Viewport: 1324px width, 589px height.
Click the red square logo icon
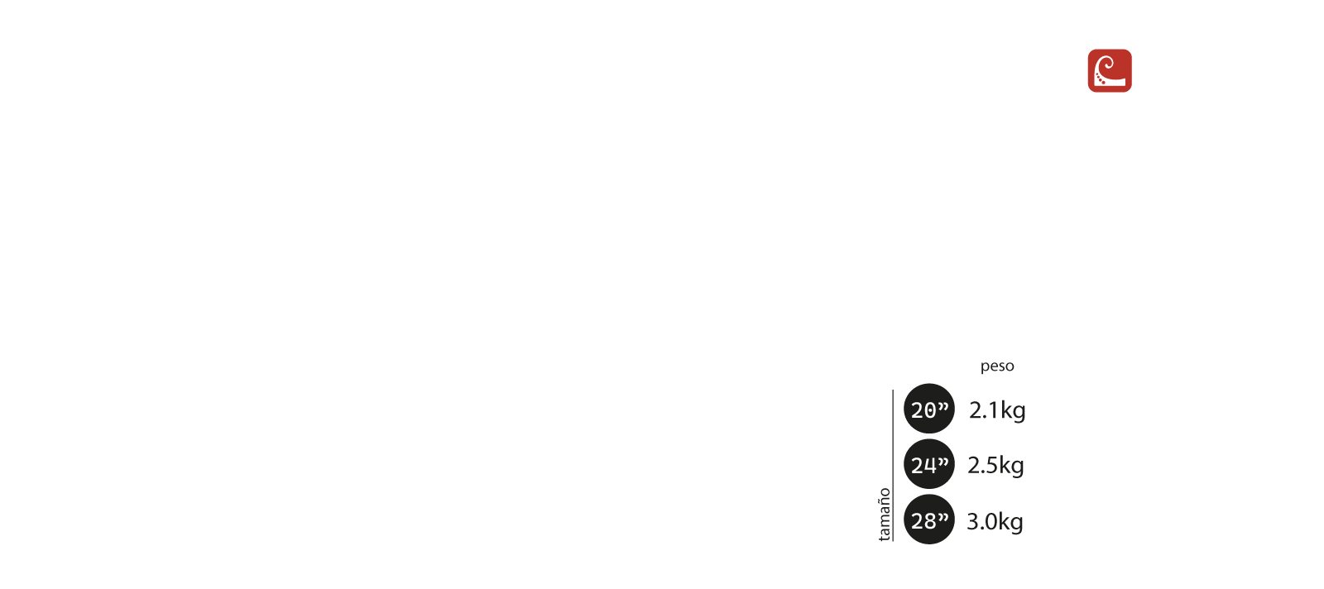1110,70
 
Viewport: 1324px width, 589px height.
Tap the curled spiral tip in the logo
1108,64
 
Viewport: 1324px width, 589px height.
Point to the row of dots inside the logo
1100,79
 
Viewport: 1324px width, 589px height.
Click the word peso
997,366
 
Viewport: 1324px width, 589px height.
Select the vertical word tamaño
885,514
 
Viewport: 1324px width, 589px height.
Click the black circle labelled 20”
928,409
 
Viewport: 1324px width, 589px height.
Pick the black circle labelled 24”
928,464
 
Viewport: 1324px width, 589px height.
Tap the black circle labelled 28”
928,520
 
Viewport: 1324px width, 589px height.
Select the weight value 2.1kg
997,409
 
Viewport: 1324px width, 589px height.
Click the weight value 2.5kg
995,465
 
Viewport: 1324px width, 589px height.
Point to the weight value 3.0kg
995,521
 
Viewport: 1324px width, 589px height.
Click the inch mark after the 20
943,405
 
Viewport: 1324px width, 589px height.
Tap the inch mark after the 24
943,461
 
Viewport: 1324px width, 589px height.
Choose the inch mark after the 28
943,516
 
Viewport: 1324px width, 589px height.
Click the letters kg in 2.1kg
1013,411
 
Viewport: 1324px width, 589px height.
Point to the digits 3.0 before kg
981,521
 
